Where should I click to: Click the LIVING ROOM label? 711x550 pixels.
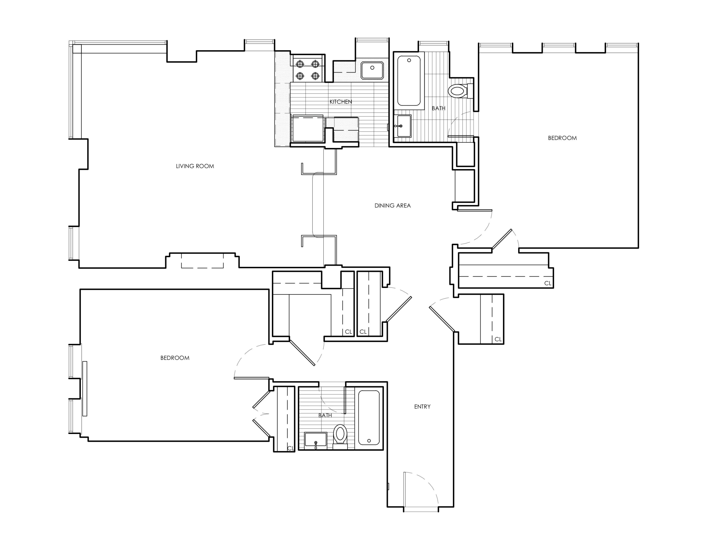(195, 166)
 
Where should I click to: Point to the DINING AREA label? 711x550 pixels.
(392, 206)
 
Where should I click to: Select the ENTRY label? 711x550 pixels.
(422, 407)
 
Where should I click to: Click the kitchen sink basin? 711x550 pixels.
(372, 70)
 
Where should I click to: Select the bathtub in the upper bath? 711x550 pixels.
(409, 80)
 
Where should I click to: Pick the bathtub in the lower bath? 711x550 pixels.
(369, 418)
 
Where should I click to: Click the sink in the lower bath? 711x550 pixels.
(315, 440)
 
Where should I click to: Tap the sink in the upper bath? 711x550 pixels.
(403, 126)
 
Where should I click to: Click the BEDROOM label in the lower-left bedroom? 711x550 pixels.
(175, 358)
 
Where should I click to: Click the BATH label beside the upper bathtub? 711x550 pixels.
(438, 108)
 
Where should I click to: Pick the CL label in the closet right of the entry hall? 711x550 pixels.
(498, 339)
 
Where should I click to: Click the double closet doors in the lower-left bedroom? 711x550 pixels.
(261, 415)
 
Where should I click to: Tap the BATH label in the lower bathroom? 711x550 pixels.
(325, 415)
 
